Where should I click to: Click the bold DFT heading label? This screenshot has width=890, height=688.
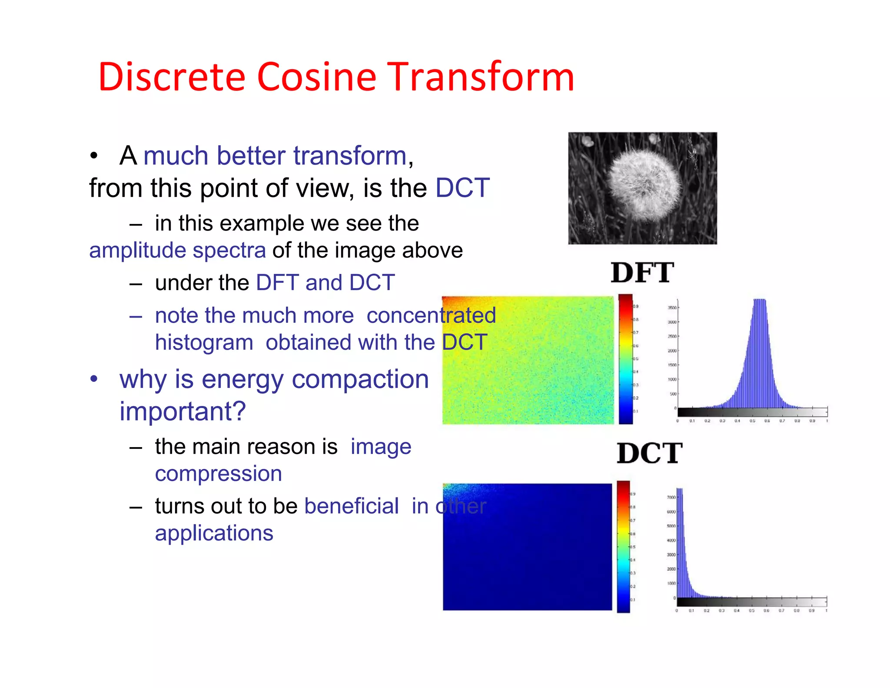pos(642,273)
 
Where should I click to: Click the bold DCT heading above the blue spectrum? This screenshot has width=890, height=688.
pos(649,453)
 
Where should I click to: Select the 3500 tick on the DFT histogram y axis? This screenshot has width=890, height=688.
pos(672,308)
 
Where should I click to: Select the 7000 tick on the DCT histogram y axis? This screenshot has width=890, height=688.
pos(671,497)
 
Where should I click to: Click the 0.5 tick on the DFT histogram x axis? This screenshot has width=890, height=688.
pos(752,421)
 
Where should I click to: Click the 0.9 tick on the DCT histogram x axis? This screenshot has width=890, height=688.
pos(811,611)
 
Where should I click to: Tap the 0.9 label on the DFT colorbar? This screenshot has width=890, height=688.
pos(636,307)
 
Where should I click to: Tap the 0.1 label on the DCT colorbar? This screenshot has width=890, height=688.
pos(633,600)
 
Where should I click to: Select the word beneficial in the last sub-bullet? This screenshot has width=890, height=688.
pos(351,506)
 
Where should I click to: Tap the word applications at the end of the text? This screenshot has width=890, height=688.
pos(214,533)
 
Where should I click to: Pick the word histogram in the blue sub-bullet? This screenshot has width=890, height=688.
pos(204,342)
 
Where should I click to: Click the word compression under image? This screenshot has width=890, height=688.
pos(218,474)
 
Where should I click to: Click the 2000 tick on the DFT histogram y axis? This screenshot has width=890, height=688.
pos(672,351)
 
